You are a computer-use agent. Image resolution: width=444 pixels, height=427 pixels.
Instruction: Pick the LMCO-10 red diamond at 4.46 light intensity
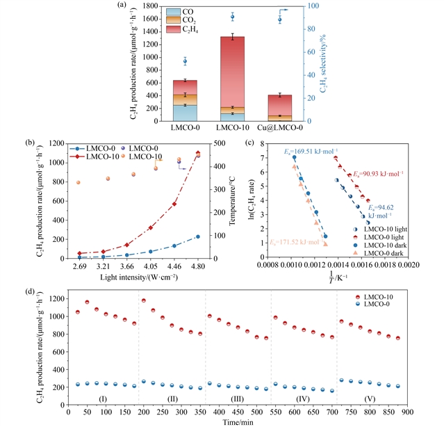pos(174,204)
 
